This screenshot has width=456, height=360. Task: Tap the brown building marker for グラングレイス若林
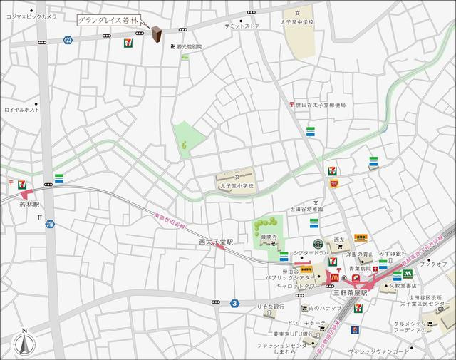[157, 34]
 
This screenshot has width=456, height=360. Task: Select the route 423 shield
[68, 41]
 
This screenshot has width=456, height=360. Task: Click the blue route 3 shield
[234, 303]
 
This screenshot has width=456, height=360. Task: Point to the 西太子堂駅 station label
[216, 242]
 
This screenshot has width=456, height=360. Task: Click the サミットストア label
[242, 26]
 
